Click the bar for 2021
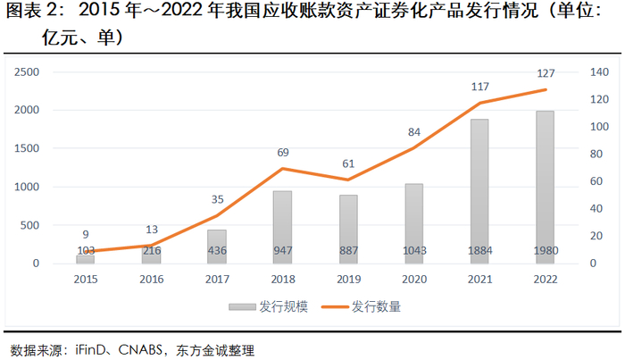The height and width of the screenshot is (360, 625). click(x=479, y=191)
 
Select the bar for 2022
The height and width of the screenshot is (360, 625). click(x=545, y=188)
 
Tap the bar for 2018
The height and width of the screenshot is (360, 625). click(x=282, y=227)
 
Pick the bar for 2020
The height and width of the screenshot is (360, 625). click(x=413, y=223)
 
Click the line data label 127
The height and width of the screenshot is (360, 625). click(x=546, y=73)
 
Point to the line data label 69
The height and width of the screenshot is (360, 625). click(x=283, y=152)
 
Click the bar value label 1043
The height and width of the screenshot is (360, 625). click(x=413, y=250)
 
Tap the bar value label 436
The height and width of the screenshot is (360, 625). click(x=217, y=250)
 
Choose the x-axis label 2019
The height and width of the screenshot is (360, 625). click(x=348, y=278)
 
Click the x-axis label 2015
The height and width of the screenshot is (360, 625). click(x=86, y=278)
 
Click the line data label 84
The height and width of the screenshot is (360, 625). click(x=414, y=132)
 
